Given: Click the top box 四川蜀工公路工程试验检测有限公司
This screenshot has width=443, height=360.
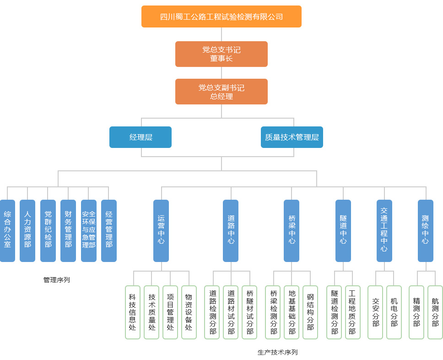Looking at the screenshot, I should (221, 16).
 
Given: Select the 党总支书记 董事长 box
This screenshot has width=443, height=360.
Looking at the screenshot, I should (221, 54).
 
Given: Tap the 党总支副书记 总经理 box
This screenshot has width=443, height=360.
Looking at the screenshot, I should (221, 92).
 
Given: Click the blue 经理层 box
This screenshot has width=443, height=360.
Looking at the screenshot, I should (140, 137).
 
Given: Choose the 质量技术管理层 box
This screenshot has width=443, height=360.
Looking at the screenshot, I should (292, 137).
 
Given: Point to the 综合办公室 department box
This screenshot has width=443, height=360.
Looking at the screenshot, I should (7, 230).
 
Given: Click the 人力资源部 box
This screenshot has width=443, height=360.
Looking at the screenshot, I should (27, 230).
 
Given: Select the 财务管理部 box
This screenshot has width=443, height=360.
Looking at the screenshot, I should (68, 230).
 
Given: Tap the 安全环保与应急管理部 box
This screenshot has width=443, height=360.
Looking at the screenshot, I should (89, 230).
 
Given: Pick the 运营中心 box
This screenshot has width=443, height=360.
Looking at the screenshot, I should (161, 230).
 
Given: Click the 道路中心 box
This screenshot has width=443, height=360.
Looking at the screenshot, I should (231, 230).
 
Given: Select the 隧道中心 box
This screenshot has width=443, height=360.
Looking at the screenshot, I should (343, 230).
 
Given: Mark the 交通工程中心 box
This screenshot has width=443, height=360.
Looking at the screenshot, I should (384, 230).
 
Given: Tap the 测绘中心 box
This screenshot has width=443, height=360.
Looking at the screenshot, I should (426, 230).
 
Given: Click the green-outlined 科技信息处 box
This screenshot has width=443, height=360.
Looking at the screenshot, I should (133, 312).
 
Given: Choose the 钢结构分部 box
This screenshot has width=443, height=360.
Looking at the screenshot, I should (310, 312).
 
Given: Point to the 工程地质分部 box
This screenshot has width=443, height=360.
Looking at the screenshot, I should (353, 312).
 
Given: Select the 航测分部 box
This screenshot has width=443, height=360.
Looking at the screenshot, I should (435, 312).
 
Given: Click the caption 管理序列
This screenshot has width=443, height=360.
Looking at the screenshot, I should (57, 279).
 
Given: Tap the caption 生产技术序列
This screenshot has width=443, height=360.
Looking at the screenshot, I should (277, 352).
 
